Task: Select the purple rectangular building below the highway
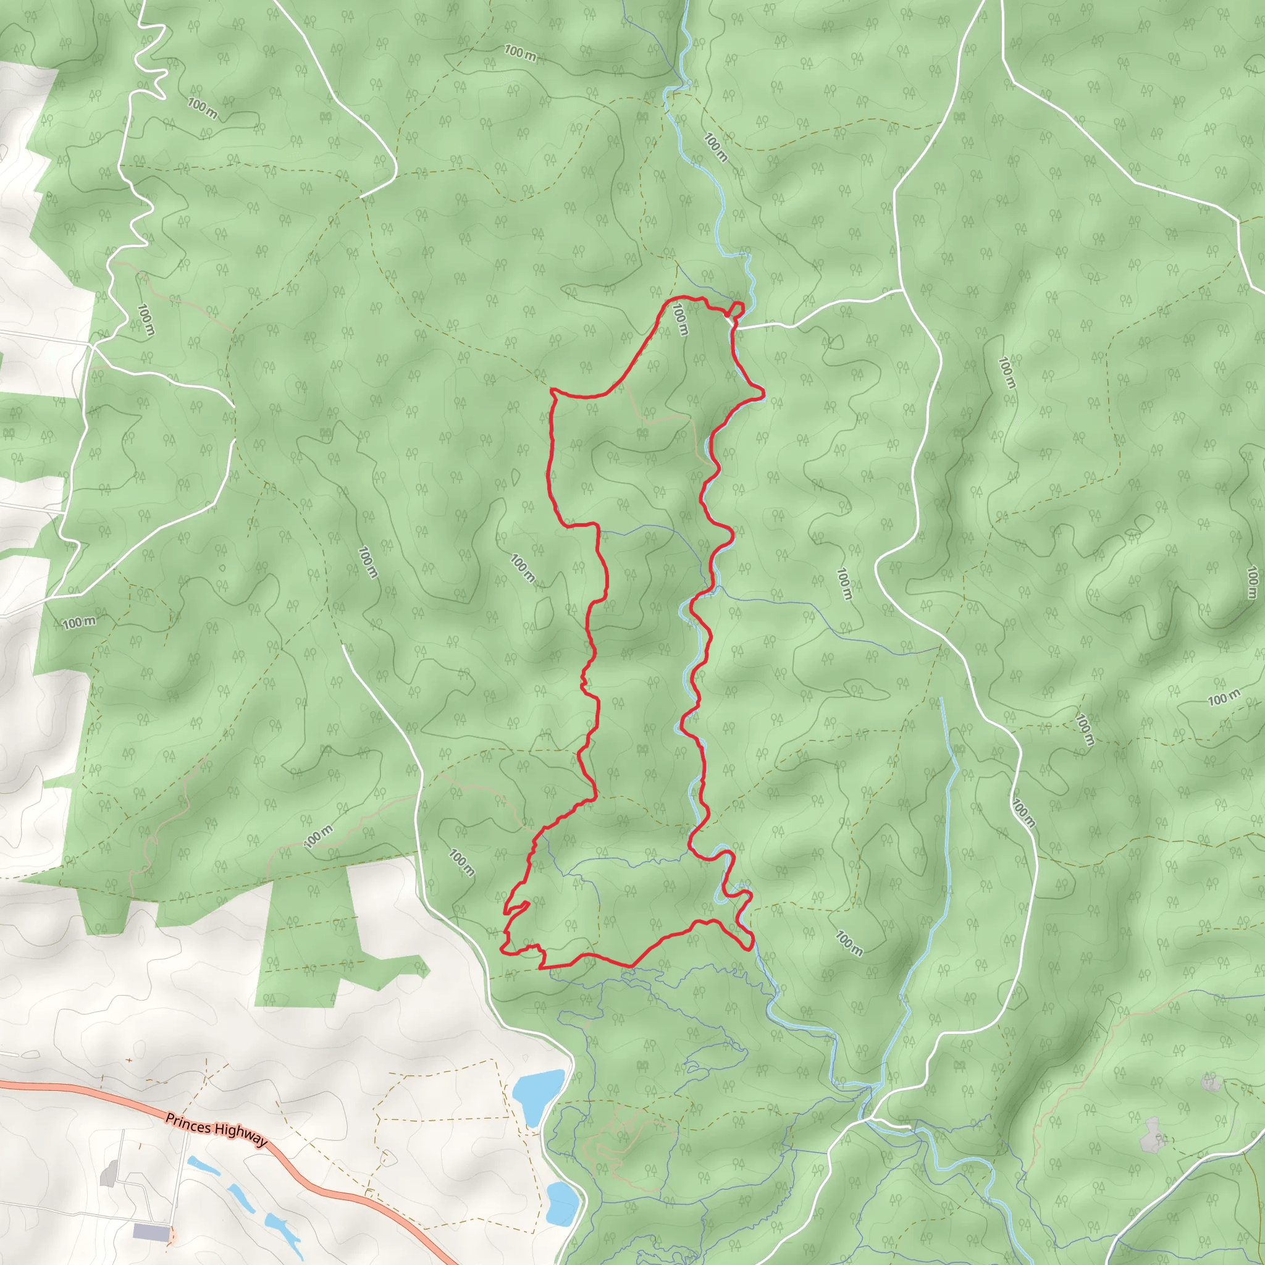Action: click(150, 1231)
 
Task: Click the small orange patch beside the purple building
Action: click(172, 1236)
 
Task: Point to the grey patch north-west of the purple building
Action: click(109, 1174)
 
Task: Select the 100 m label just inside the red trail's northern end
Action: click(681, 319)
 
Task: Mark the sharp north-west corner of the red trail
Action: click(553, 390)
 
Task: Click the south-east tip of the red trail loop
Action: click(750, 945)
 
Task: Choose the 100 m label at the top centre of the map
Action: click(521, 53)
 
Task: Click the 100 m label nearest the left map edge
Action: click(79, 622)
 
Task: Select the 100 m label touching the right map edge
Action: click(1252, 582)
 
